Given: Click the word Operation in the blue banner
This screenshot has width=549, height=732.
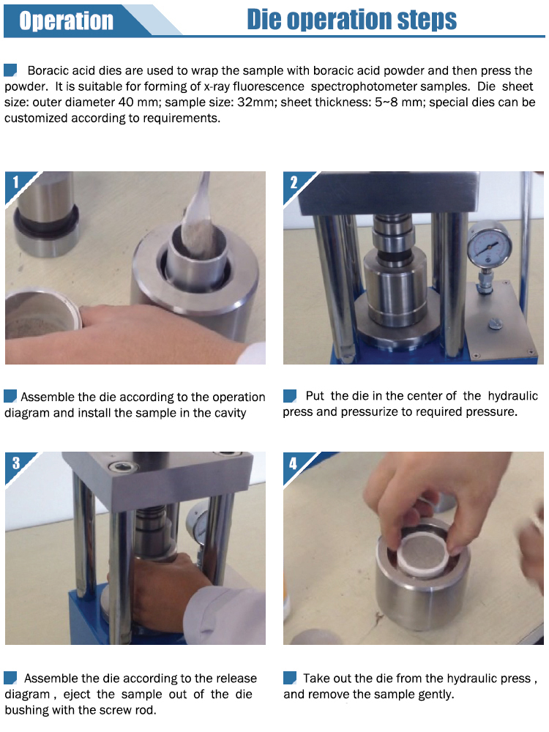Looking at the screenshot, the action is coord(67,20).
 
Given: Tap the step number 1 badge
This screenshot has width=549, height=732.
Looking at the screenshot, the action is coord(16,182).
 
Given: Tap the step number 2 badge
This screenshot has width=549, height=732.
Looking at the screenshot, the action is coord(294,182).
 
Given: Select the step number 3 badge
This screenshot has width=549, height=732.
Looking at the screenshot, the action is coord(16,463).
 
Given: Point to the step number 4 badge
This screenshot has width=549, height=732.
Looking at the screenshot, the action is coord(294,463).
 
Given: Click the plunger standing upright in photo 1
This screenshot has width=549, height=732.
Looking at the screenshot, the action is coord(45,214).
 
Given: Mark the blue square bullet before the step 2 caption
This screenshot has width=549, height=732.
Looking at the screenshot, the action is coord(290,396).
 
